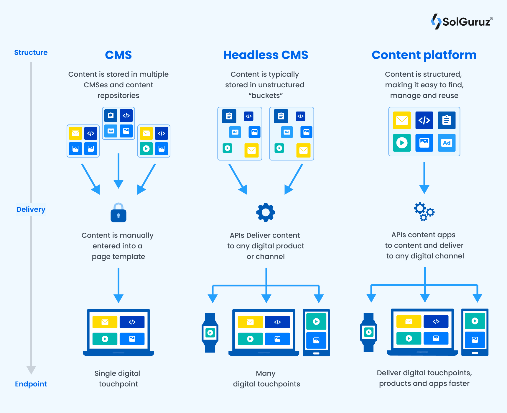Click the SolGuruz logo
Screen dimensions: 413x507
[461, 22]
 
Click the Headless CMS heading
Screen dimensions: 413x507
[265, 55]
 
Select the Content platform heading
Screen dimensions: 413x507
[424, 55]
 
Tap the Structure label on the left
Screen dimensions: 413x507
[31, 53]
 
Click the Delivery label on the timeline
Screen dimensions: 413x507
[31, 209]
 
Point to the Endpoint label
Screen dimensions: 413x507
[31, 384]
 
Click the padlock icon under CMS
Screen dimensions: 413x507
[118, 213]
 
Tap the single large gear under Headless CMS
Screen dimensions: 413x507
[266, 212]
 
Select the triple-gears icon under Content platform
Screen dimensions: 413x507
[424, 212]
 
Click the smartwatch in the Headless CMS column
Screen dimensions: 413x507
[210, 333]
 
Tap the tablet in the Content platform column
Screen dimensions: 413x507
[475, 332]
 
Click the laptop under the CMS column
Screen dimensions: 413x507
[118, 333]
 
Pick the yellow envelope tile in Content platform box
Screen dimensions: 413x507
[402, 120]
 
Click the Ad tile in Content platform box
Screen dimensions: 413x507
[447, 143]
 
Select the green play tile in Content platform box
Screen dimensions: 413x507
[402, 143]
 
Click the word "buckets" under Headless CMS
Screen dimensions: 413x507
[266, 96]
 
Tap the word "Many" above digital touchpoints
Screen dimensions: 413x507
[266, 373]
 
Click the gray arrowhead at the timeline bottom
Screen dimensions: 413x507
[31, 369]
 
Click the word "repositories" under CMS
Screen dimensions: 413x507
[118, 96]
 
